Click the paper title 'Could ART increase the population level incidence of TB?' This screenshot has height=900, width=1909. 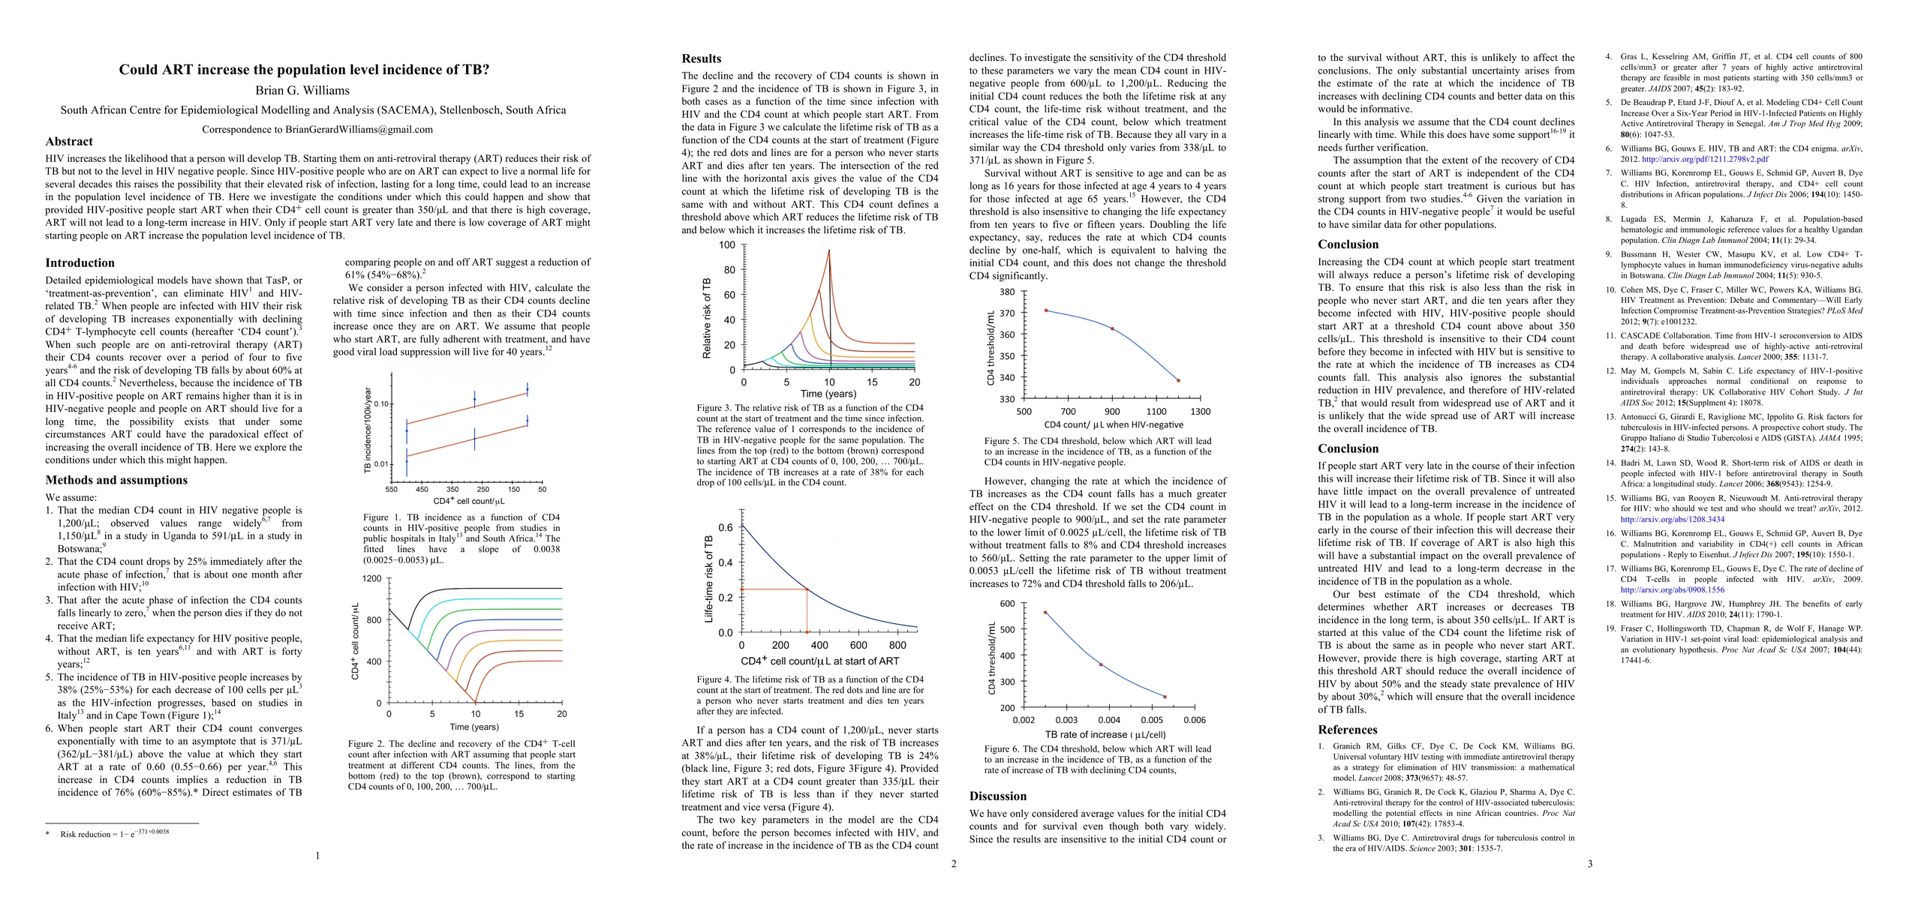[304, 70]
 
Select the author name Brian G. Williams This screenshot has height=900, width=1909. [302, 91]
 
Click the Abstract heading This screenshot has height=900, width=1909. [69, 142]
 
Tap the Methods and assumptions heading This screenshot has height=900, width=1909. [116, 480]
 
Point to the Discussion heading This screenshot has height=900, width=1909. [998, 796]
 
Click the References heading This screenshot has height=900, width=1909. [1348, 730]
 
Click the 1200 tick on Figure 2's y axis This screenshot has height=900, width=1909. [372, 579]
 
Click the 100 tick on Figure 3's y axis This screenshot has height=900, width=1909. [727, 245]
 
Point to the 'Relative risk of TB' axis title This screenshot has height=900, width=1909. [707, 318]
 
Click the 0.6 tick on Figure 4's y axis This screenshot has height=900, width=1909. [725, 528]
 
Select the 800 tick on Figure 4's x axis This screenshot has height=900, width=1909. [897, 645]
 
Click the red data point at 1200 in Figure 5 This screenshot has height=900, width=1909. [1178, 381]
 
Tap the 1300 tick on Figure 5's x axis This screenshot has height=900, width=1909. [1200, 412]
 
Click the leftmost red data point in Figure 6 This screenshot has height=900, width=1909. [1045, 613]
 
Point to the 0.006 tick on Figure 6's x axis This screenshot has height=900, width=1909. [1195, 720]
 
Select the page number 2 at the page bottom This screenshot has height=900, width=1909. [954, 864]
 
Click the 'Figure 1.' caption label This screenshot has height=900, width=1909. [375, 517]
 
